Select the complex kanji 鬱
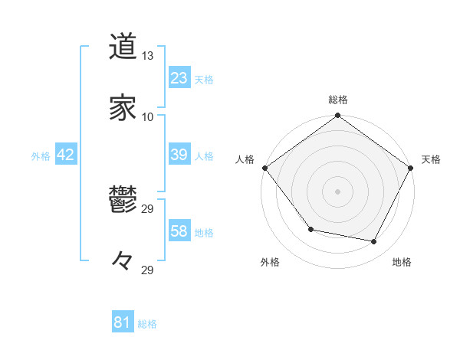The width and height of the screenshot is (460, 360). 123,201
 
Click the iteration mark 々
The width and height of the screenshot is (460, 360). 123,260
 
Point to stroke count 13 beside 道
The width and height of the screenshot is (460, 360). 148,56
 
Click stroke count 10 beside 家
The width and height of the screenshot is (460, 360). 148,116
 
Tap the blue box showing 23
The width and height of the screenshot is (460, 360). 179,77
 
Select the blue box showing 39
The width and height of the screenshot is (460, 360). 179,155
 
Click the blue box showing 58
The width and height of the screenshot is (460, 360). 179,231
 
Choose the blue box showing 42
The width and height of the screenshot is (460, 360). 66,155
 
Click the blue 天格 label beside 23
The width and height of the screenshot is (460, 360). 204,79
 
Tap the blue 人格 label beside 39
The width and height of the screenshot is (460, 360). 204,156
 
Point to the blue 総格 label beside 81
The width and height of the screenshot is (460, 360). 147,324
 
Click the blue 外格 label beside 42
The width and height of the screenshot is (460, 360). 41,156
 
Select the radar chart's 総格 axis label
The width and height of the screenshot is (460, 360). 338,100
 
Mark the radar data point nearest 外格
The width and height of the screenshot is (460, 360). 310,229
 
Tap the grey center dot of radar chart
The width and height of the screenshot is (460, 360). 338,191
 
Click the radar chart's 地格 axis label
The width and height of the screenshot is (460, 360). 402,263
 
